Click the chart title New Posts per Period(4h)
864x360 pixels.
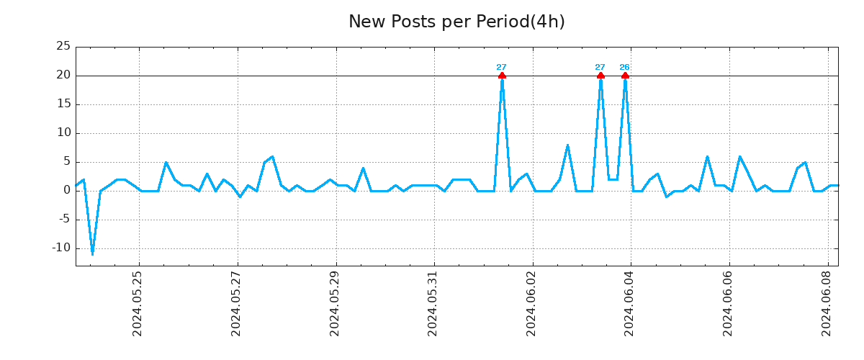(456, 22)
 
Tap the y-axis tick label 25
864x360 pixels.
(63, 47)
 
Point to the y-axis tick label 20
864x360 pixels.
(63, 76)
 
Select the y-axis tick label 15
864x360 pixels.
(63, 104)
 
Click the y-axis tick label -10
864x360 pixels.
(60, 248)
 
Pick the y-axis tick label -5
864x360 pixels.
(63, 220)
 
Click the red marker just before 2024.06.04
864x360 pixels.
(625, 76)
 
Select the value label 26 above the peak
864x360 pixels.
(624, 68)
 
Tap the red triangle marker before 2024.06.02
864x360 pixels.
(502, 76)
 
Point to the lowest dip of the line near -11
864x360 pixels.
(92, 253)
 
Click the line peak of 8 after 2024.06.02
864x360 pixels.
(567, 145)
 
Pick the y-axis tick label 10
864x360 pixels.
(63, 133)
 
